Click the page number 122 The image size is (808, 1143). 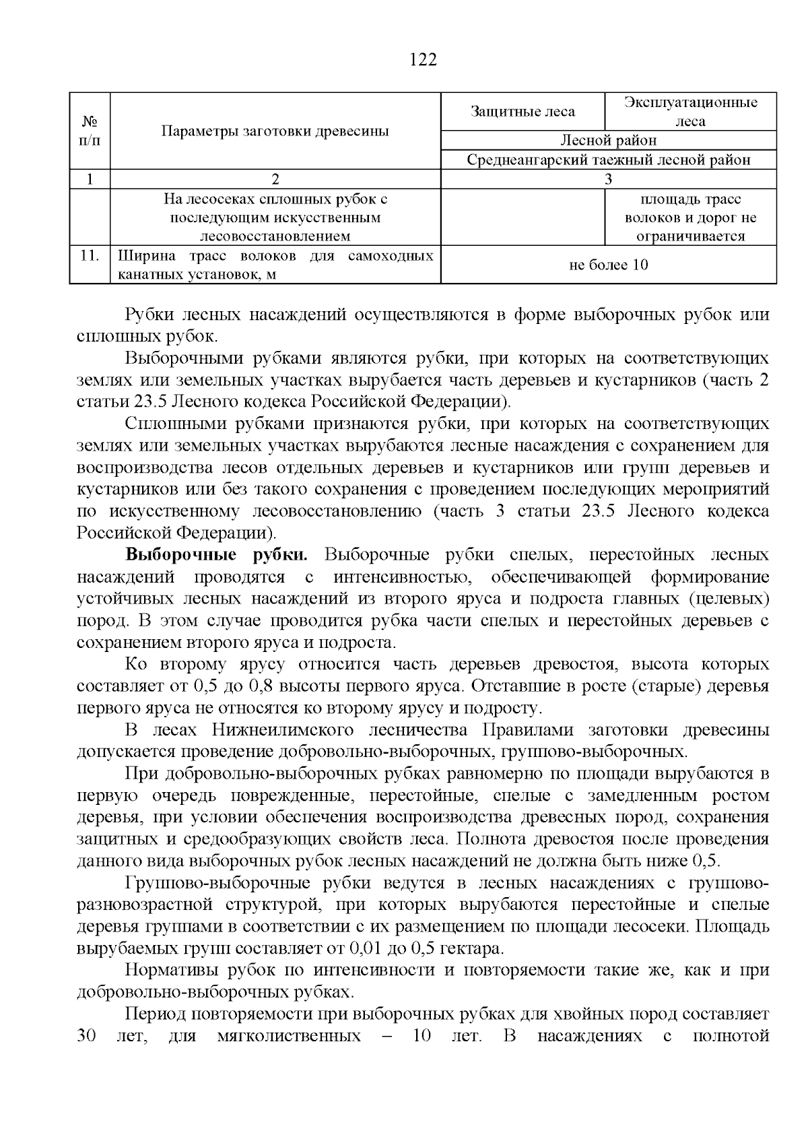[x=424, y=60]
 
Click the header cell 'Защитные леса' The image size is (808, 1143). [x=523, y=112]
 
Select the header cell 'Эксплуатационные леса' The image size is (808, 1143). [x=690, y=112]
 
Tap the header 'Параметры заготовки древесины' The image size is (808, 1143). [x=275, y=131]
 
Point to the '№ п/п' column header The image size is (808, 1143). [x=90, y=131]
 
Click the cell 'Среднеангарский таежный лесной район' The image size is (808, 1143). [x=608, y=160]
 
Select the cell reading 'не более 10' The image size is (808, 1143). [x=608, y=265]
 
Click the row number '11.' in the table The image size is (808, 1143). [x=90, y=256]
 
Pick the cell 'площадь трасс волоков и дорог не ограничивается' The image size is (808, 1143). [x=690, y=218]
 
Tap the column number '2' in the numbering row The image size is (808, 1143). [x=275, y=179]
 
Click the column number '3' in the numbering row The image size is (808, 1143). [x=608, y=179]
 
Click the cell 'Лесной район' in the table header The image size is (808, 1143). [x=608, y=140]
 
